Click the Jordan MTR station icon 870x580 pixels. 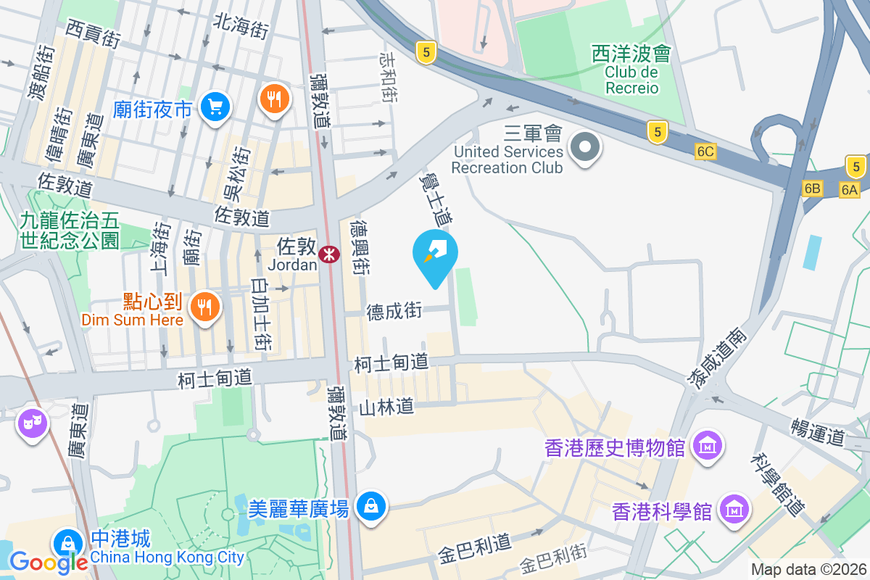coord(329,254)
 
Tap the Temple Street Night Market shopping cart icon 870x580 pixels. coord(215,107)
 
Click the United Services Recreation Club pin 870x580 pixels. coord(584,147)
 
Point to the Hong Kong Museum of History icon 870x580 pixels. coord(706,444)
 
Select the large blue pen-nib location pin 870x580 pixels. coord(435,255)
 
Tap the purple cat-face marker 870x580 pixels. coord(31,423)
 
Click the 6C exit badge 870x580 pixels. coord(705,152)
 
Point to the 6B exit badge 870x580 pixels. coord(813,188)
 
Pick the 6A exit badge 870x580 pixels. coord(850,189)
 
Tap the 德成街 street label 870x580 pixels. coord(394,312)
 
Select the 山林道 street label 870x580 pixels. coord(386,407)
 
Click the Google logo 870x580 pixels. coord(49,562)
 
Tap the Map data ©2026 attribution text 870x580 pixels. coord(808,570)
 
